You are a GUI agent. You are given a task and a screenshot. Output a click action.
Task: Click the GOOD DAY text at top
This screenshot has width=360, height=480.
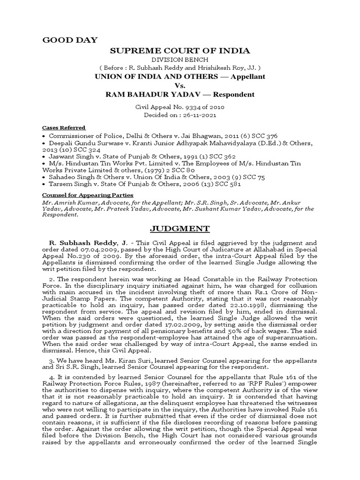tap(70, 40)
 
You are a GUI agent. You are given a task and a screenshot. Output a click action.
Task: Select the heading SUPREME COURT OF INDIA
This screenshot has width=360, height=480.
tap(180, 51)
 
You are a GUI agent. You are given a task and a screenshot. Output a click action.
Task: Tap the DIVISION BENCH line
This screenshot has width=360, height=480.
tap(180, 60)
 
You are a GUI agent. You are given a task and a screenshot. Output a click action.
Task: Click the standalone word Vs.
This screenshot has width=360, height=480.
tap(180, 85)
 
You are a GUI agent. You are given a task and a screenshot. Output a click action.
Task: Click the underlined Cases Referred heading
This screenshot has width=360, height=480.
tap(64, 127)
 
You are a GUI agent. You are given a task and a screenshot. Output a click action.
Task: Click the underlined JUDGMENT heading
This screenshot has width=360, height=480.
tap(180, 229)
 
